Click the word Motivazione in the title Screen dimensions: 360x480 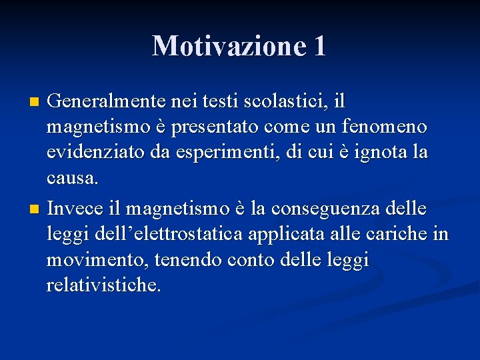[226, 46]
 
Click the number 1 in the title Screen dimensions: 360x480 [319, 46]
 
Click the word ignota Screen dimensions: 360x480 [371, 152]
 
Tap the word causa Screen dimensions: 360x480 [73, 177]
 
